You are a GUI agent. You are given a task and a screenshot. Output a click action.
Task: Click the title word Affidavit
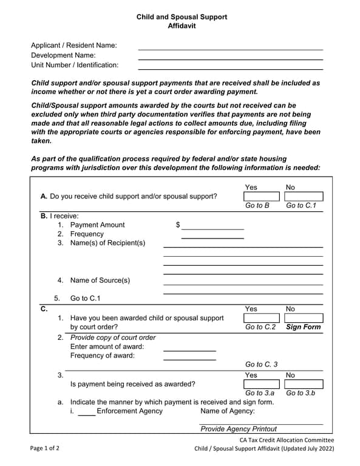182,26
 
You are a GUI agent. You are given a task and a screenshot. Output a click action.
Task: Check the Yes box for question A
262,197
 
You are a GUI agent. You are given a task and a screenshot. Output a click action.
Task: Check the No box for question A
304,197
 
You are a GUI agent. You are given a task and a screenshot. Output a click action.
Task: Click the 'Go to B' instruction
257,206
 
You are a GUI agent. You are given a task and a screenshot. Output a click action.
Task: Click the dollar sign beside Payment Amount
178,225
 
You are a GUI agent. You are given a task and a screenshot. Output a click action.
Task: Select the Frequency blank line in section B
212,237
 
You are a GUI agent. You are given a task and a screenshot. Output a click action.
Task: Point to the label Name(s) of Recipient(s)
107,243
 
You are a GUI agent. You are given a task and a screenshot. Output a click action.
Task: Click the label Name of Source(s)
100,280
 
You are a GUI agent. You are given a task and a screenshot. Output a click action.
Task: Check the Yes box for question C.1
262,318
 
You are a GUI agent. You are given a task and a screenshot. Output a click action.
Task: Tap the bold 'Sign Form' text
303,327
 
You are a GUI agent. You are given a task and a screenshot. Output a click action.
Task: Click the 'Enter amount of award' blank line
189,349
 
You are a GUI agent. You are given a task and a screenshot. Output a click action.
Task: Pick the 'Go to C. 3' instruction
261,364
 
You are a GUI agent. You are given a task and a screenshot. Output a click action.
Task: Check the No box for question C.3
304,384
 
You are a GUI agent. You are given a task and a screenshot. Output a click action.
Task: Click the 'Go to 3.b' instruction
301,393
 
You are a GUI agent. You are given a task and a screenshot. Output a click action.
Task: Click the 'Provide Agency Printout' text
239,429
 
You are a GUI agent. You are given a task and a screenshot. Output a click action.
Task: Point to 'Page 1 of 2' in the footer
45,449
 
